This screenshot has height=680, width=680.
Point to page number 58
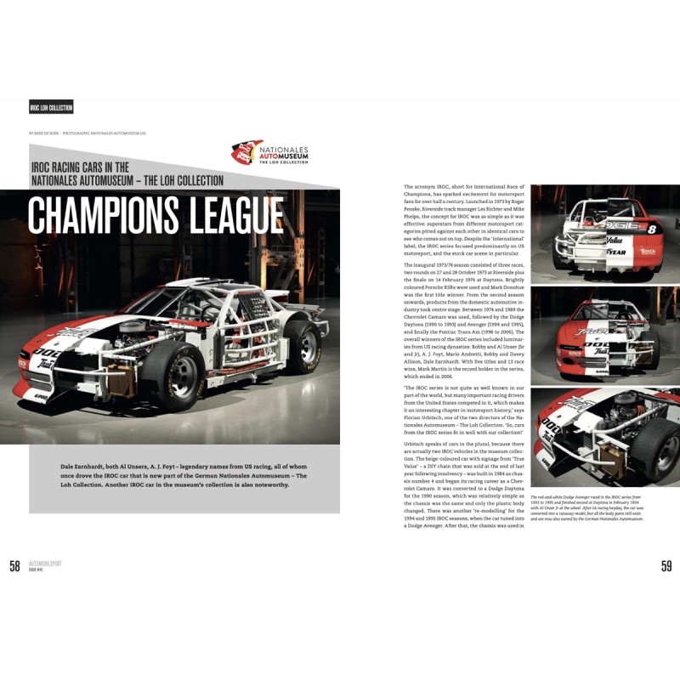coord(14,567)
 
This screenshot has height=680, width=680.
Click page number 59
coord(666,567)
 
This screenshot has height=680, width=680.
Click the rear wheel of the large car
coord(302,339)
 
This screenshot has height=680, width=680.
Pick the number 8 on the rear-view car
coord(653,228)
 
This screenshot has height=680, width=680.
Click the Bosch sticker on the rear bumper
coord(648,252)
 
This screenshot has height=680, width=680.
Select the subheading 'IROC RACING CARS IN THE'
coord(80,167)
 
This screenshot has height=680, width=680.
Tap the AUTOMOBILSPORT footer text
coord(46,564)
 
